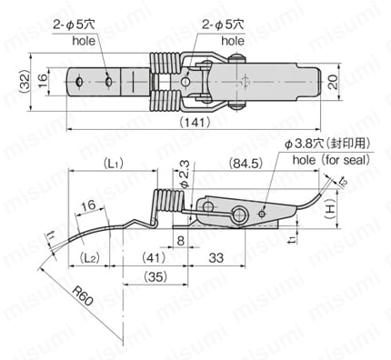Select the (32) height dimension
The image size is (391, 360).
22,86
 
